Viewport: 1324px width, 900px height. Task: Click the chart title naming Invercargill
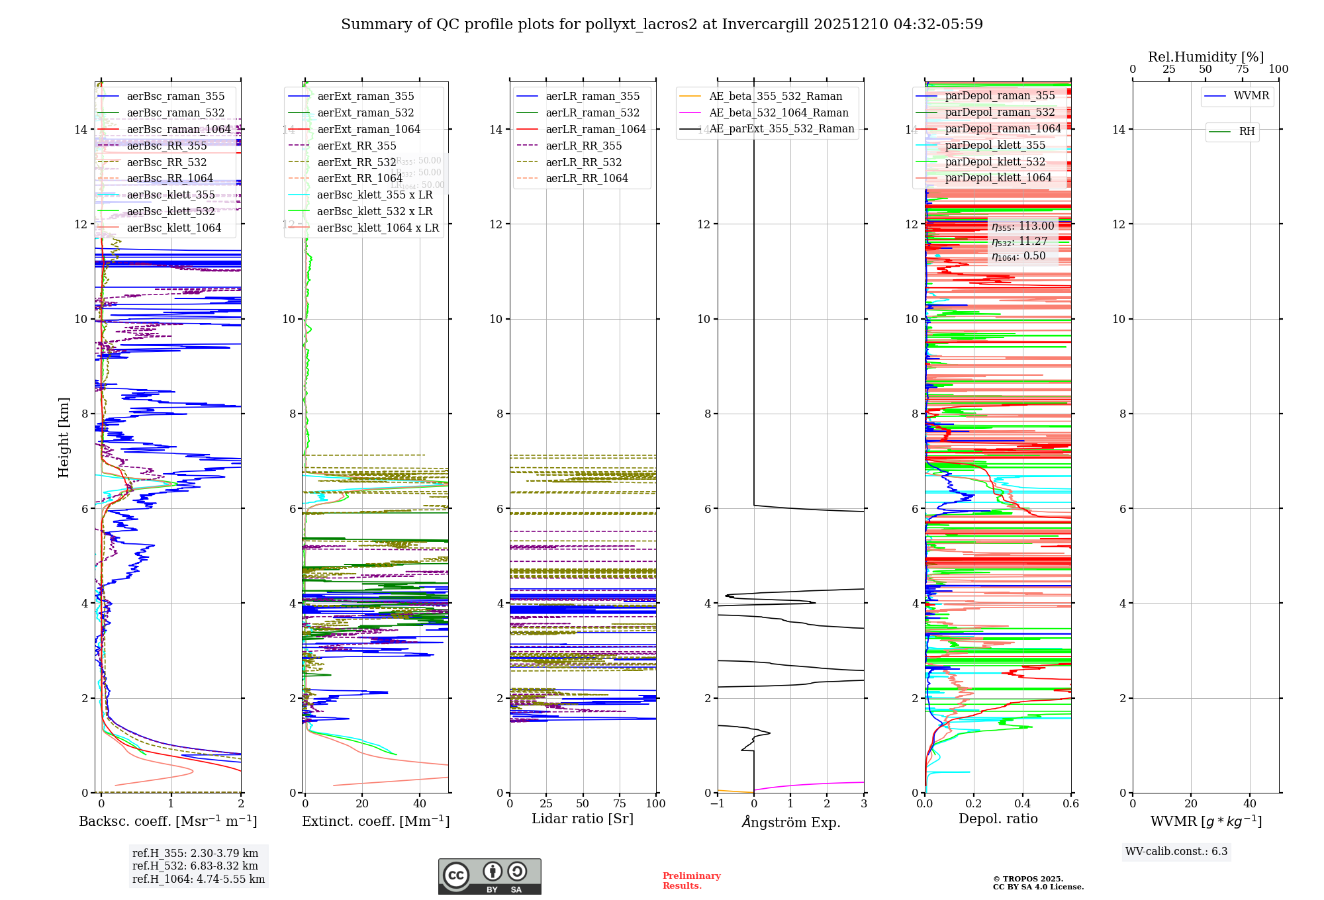662,24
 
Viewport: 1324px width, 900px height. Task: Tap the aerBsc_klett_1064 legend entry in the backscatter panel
173,228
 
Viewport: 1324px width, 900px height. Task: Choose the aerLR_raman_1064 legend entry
595,130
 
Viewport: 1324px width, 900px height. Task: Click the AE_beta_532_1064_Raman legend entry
779,113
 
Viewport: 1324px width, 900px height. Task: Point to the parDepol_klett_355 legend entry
995,146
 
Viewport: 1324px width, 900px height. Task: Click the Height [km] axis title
64,437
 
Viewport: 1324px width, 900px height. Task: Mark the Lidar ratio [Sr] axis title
583,819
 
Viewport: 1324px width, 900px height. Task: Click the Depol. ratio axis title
998,819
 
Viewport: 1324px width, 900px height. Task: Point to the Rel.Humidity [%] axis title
1206,57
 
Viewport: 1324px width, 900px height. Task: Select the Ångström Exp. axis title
790,823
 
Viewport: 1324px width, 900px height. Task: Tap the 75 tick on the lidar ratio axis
620,804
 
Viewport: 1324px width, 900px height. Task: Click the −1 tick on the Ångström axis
717,804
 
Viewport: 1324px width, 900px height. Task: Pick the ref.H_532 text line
195,866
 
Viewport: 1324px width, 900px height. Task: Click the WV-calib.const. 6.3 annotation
1176,852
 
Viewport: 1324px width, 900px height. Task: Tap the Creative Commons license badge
489,877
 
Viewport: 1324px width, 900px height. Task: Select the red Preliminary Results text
691,881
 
